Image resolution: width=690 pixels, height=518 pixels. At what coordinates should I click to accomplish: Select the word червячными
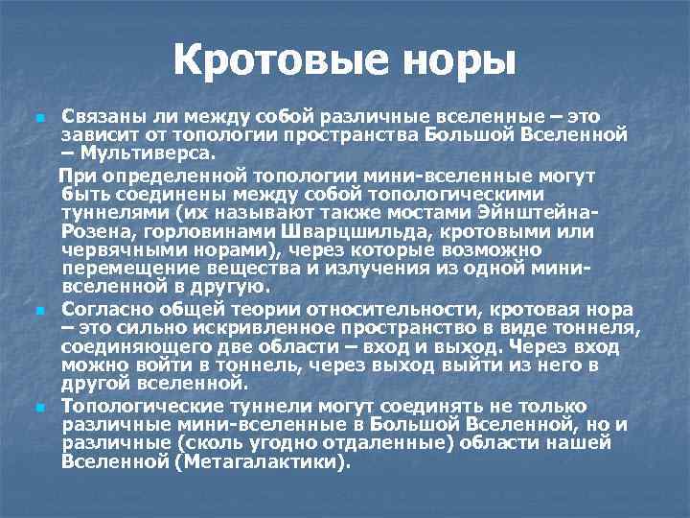(x=110, y=251)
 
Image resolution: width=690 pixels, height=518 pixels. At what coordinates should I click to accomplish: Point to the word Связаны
(x=99, y=117)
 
